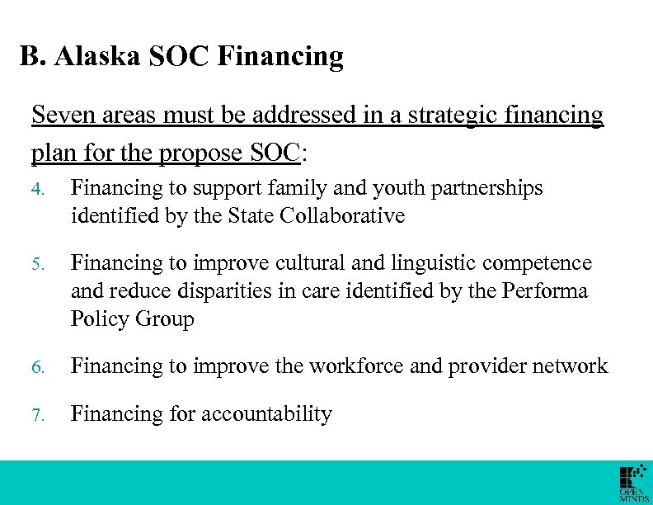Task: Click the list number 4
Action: click(36, 190)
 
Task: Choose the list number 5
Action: click(36, 264)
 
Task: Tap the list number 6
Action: click(36, 367)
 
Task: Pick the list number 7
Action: click(36, 414)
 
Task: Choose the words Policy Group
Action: click(132, 319)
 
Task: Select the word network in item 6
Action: click(567, 366)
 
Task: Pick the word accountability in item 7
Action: click(260, 414)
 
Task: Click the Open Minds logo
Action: click(632, 483)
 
